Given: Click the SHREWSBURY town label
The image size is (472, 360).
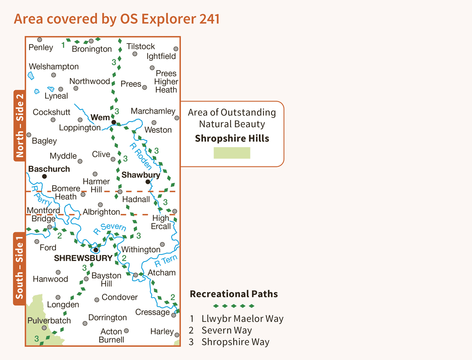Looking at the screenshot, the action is point(83,258).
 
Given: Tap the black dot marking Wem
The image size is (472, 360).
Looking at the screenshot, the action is point(114,122).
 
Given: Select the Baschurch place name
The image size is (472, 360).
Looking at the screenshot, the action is point(49,169).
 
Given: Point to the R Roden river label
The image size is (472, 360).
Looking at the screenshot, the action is point(141,156).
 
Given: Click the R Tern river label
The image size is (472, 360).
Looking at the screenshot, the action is point(166,261).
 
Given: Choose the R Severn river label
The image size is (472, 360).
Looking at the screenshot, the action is point(110,228).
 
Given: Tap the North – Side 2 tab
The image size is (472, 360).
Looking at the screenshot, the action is point(20,126).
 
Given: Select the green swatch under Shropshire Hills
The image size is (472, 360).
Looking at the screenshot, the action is point(232,153).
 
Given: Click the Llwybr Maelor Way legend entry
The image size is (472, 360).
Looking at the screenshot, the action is point(237,318).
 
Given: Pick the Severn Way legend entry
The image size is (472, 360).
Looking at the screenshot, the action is point(221,330).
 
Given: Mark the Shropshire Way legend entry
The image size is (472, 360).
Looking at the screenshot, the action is point(229,342).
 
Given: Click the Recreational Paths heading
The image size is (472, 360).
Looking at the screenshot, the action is point(234,294).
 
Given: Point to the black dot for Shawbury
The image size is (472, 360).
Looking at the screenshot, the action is point(148,182).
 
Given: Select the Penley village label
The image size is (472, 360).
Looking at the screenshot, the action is point(41,47).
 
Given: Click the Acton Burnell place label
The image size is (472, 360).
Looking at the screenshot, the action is point(111,336).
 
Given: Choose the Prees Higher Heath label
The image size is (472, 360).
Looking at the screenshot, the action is point(166,82).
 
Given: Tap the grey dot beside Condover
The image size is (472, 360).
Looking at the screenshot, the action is point(97,300).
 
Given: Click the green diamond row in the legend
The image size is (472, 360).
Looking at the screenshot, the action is point(234,306).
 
